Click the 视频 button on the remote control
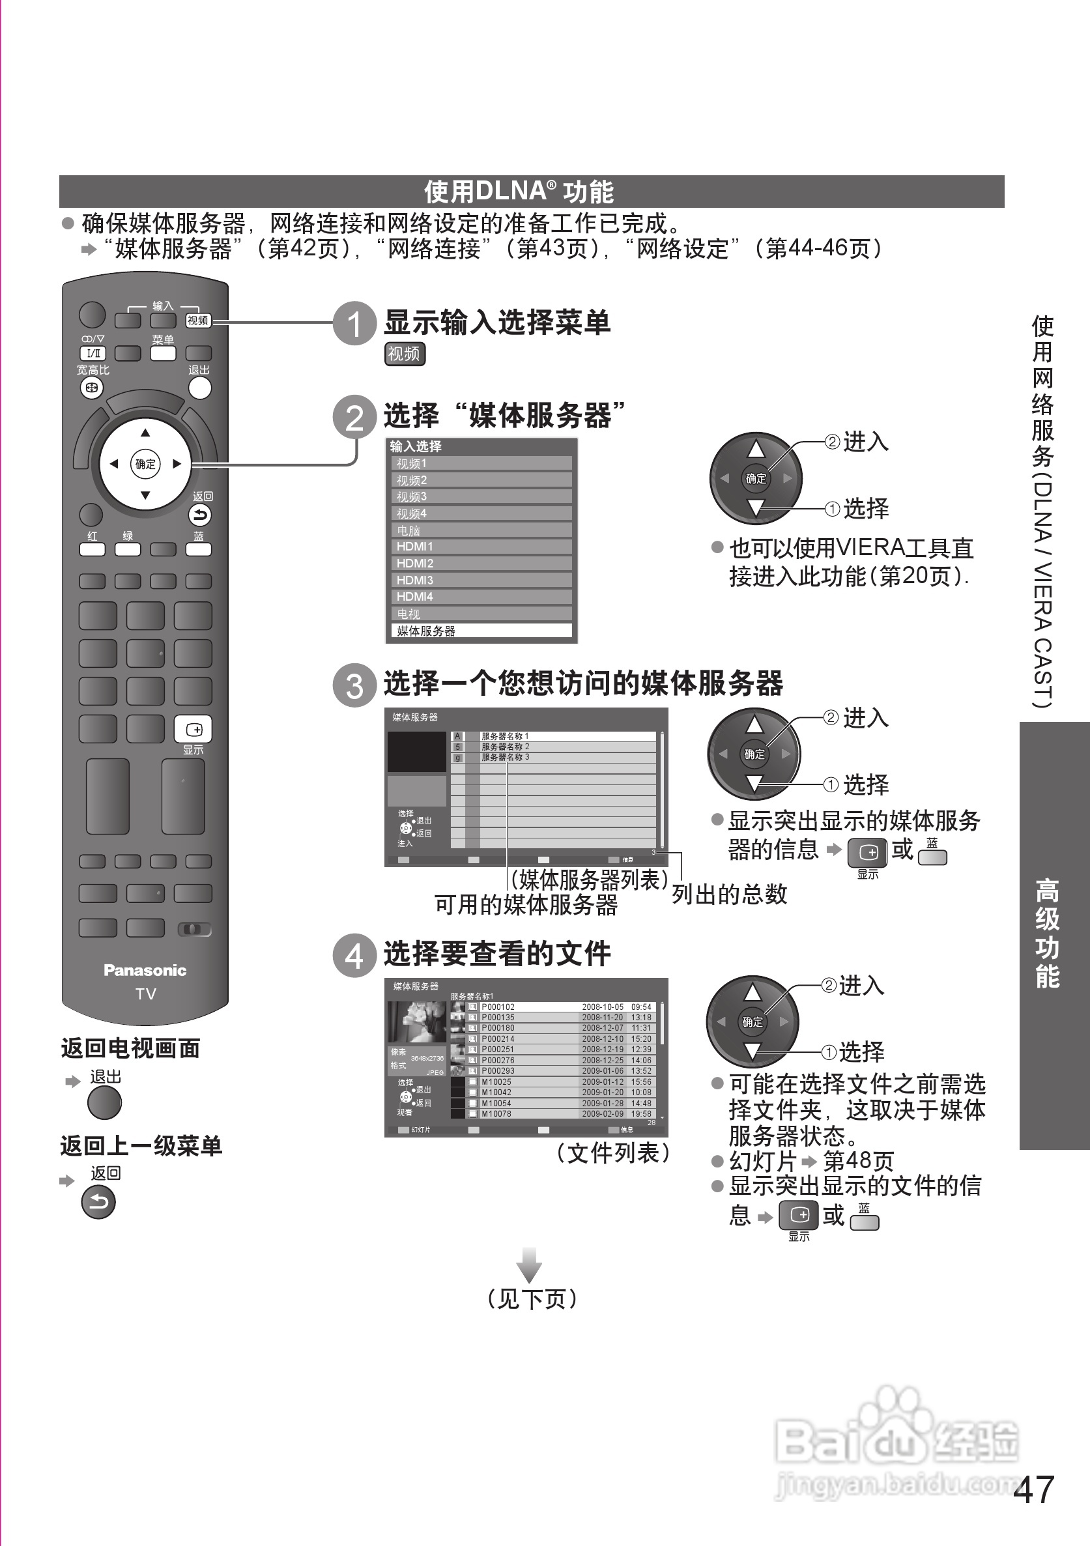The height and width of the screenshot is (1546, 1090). click(x=198, y=321)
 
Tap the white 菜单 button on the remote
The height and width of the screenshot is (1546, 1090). click(x=163, y=354)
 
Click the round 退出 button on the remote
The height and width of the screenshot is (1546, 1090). click(x=199, y=388)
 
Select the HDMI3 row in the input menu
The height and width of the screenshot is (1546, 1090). click(x=481, y=580)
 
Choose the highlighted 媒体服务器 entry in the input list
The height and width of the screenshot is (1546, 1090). click(x=481, y=631)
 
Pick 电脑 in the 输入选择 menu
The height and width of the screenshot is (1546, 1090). click(x=481, y=530)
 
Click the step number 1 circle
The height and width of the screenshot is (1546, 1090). click(x=355, y=323)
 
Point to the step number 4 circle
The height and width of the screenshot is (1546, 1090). click(x=355, y=955)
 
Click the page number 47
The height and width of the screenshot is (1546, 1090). click(x=1033, y=1489)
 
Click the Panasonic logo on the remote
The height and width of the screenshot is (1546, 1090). click(x=145, y=970)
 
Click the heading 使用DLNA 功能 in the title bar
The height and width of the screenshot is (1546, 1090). click(x=519, y=192)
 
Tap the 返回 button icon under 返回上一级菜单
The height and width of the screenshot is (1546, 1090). click(x=98, y=1202)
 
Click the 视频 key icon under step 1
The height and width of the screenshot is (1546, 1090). click(x=405, y=354)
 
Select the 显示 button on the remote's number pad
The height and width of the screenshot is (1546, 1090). click(x=194, y=729)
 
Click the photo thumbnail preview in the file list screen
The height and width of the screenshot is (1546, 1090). click(x=417, y=1022)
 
